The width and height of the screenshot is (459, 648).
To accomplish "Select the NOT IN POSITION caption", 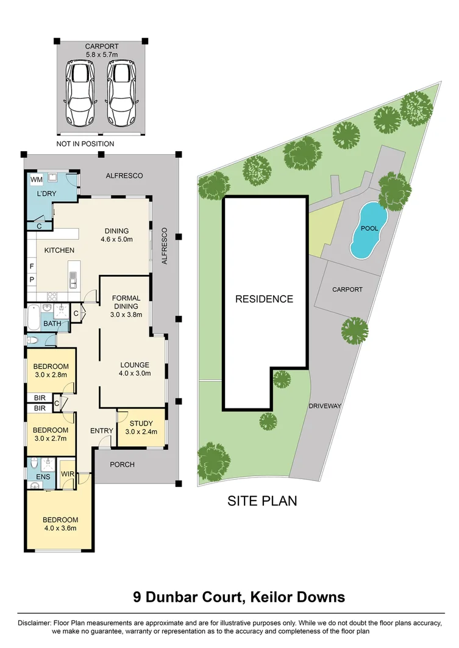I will click(85, 144).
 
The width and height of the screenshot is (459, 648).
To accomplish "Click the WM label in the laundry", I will click(36, 180).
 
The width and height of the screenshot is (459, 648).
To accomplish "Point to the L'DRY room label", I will click(46, 193).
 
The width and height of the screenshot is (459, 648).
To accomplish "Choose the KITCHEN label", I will click(59, 250).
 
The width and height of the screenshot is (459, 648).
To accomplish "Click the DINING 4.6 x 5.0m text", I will click(116, 235).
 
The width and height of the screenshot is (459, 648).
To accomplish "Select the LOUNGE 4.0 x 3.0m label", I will click(134, 369).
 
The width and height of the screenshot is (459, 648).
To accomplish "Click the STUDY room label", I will click(141, 427).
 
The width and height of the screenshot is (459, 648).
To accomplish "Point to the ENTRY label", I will click(101, 430).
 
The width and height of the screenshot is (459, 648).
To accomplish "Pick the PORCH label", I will click(122, 465).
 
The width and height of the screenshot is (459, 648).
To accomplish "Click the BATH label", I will click(52, 324).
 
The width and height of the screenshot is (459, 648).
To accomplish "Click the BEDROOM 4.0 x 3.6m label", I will click(60, 524).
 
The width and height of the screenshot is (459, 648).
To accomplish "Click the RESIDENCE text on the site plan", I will click(265, 299).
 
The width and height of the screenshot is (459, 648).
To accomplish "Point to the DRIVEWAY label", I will click(324, 406).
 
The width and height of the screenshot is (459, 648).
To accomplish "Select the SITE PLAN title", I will click(262, 501).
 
